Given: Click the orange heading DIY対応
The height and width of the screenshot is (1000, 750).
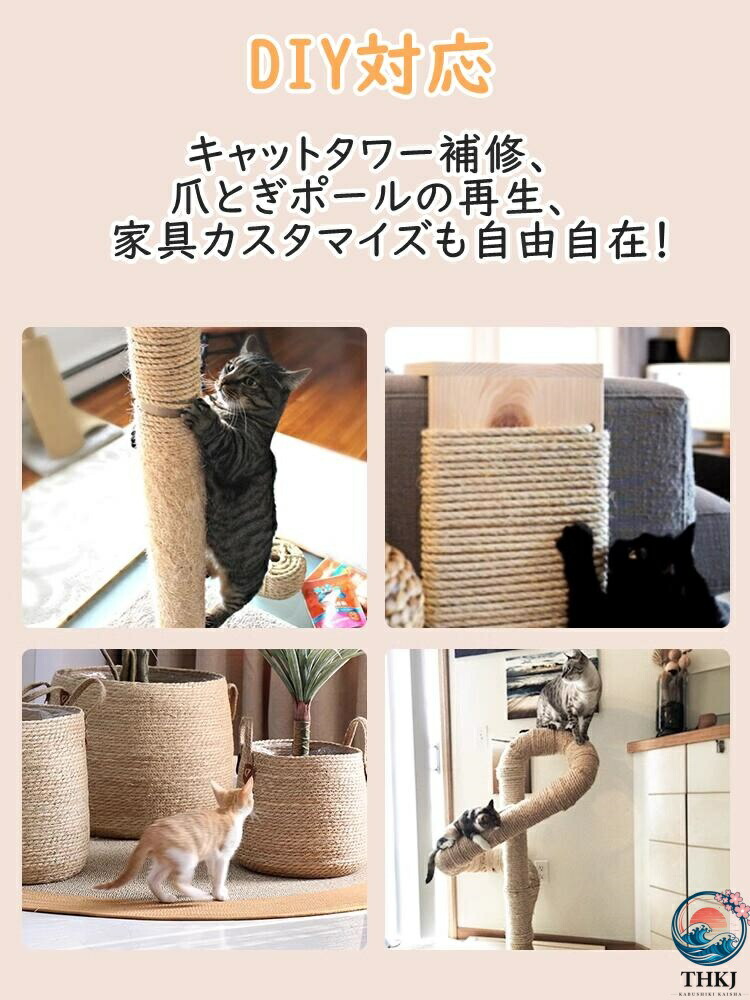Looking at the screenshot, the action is pos(371,64).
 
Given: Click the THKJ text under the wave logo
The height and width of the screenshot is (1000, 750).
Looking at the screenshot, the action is pos(709,978).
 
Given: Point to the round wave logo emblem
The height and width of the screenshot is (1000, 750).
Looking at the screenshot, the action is pos(709,928).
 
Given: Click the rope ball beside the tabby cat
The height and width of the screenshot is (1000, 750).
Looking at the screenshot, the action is pos(284,569).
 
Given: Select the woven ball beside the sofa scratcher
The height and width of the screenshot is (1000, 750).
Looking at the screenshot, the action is pos(404,587).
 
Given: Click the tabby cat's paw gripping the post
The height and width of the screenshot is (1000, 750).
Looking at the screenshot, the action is pos(195,416).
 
